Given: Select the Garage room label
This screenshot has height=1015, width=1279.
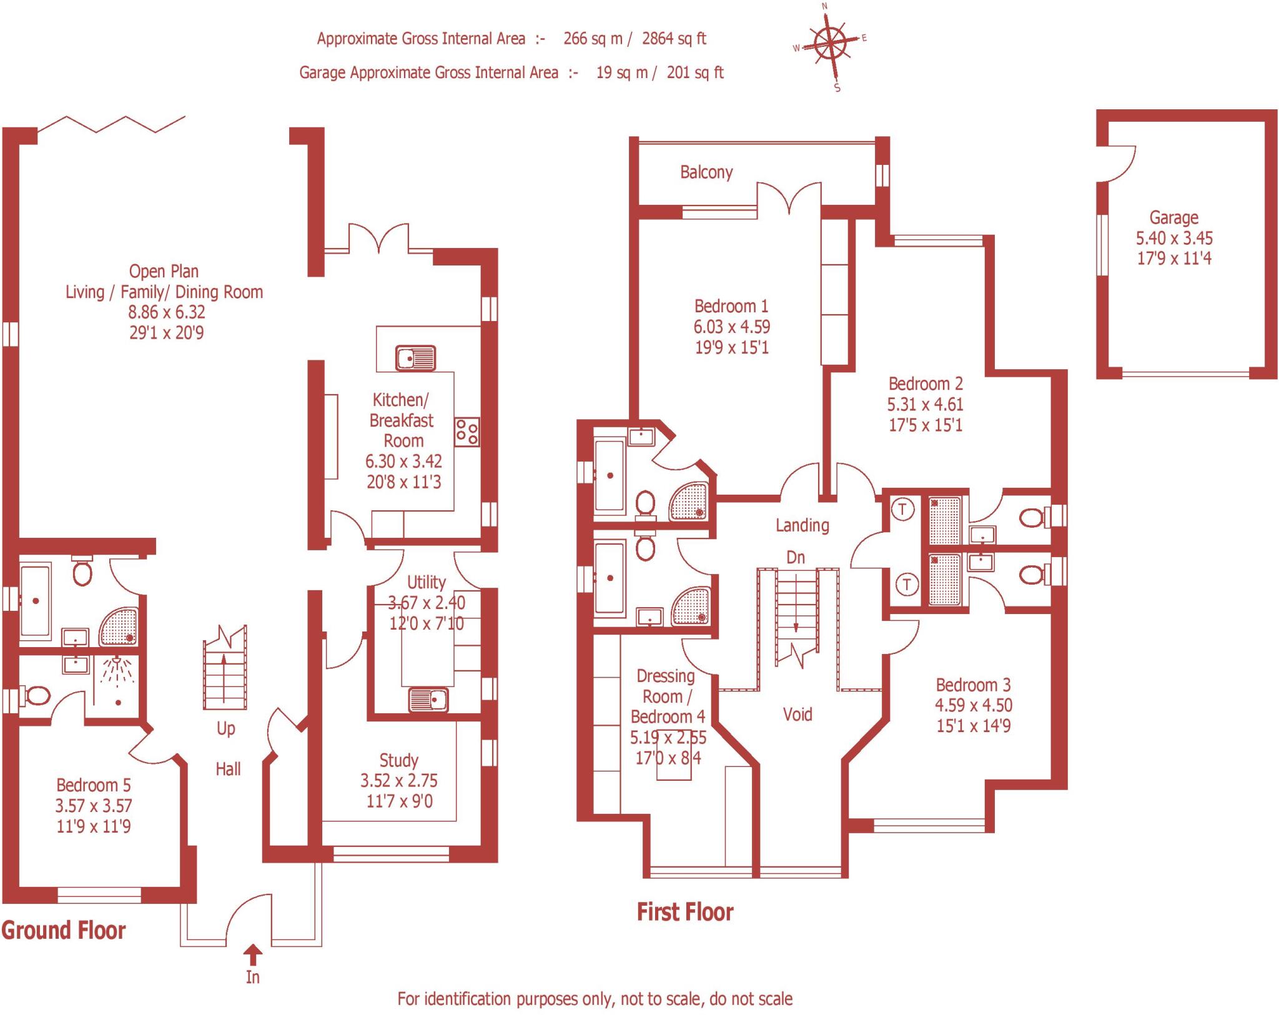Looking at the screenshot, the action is point(1173,218).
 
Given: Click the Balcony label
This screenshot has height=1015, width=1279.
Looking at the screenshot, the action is point(706,172).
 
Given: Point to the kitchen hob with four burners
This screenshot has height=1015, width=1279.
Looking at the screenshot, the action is point(467,432).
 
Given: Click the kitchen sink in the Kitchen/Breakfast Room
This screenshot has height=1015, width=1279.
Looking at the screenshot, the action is point(415,359).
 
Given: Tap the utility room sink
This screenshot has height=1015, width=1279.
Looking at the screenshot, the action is point(428,700).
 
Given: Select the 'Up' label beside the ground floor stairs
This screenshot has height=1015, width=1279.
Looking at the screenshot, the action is point(225,728).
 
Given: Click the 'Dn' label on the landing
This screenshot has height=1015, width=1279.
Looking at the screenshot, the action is point(796,557).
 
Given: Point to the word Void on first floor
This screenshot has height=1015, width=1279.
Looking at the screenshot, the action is point(798,714).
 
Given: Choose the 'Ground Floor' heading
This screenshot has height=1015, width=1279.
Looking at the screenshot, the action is point(64,930).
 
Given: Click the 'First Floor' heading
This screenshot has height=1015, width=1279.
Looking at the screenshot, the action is point(684,912).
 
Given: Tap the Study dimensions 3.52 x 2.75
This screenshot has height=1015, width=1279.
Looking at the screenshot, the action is point(399,780).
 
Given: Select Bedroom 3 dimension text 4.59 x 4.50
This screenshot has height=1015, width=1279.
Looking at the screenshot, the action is point(974,705).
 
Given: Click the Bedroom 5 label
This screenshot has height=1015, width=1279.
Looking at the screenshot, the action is point(94,785).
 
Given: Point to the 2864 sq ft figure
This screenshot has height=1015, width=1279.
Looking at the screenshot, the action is point(674,39).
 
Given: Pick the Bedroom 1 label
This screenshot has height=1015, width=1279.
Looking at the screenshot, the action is point(731,306).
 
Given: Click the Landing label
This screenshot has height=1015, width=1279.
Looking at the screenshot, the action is point(802,525).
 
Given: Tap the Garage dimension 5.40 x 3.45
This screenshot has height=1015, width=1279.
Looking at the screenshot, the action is point(1174,238).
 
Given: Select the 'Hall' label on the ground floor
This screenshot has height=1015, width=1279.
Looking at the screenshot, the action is point(228,769).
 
